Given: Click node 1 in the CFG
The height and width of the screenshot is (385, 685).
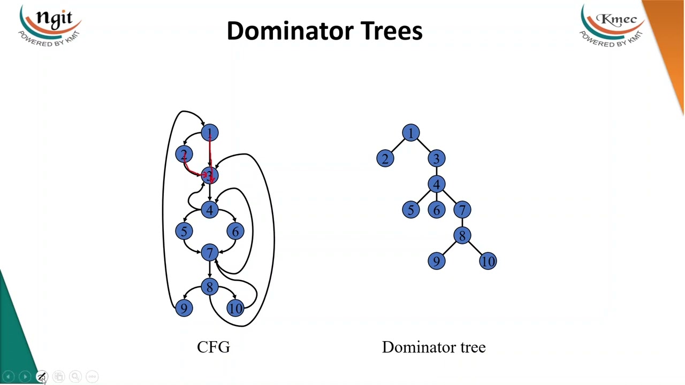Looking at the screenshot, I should (x=209, y=133).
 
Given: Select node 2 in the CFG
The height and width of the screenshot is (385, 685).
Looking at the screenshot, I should (x=184, y=155).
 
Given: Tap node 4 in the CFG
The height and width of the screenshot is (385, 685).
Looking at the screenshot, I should (x=209, y=210).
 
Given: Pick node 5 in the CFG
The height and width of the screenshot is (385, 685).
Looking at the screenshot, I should (x=184, y=232).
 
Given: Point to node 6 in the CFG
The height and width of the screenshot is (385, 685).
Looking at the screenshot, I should (x=235, y=232).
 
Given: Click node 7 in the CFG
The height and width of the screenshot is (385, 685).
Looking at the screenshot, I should (x=209, y=253).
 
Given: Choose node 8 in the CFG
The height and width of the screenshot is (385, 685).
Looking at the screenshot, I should (x=209, y=287).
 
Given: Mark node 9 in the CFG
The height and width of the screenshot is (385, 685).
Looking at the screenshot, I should (x=184, y=309).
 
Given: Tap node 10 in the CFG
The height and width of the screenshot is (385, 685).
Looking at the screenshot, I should (x=235, y=309).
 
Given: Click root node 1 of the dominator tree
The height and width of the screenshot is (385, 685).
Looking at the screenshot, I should (x=410, y=133).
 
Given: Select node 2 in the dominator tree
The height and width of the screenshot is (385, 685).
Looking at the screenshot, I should (x=385, y=159).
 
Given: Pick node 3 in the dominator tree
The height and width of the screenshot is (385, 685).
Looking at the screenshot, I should (x=436, y=159).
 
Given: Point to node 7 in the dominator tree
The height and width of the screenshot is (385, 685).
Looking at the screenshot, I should (x=462, y=210).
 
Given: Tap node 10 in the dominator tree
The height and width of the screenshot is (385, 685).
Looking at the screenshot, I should (x=488, y=261).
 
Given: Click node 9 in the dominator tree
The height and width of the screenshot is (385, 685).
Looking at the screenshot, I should (x=436, y=261).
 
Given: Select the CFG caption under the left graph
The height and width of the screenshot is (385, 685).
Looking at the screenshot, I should (x=214, y=347).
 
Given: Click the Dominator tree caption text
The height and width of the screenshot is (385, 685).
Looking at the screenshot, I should (x=433, y=347).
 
